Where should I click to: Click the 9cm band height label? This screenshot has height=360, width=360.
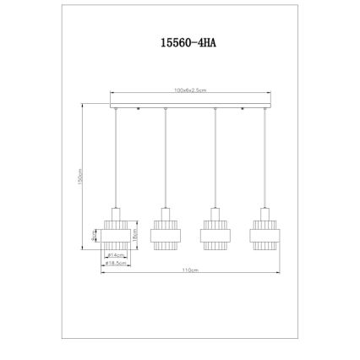pyautogui.click(x=93, y=238)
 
